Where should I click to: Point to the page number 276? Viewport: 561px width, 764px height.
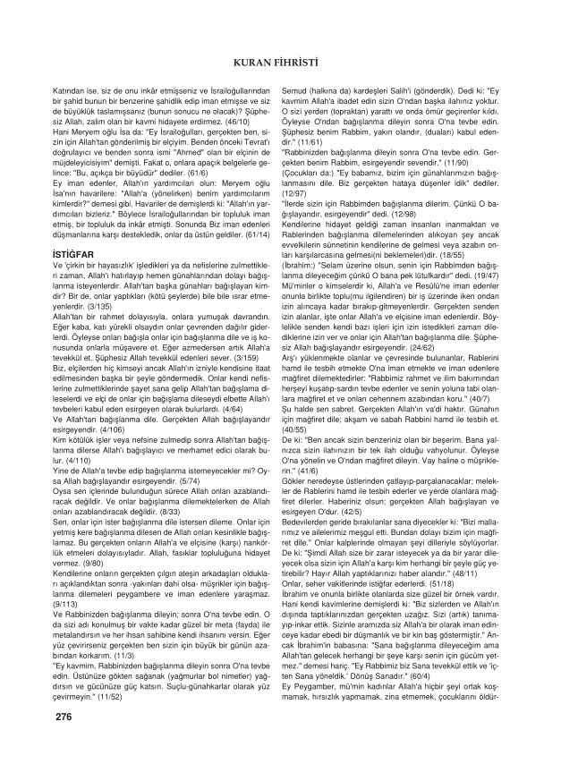[64, 717]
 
